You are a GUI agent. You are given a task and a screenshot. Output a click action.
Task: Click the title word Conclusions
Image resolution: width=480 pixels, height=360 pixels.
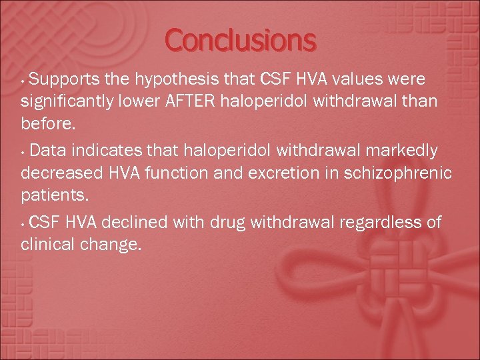[x=240, y=41]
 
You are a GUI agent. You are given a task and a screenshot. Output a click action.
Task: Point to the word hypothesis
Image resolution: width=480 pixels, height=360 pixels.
[x=171, y=80]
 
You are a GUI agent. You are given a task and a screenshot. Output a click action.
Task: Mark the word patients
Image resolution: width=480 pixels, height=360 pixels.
[x=49, y=196]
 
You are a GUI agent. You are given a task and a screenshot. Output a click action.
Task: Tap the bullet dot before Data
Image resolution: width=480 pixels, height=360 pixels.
[x=24, y=153]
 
